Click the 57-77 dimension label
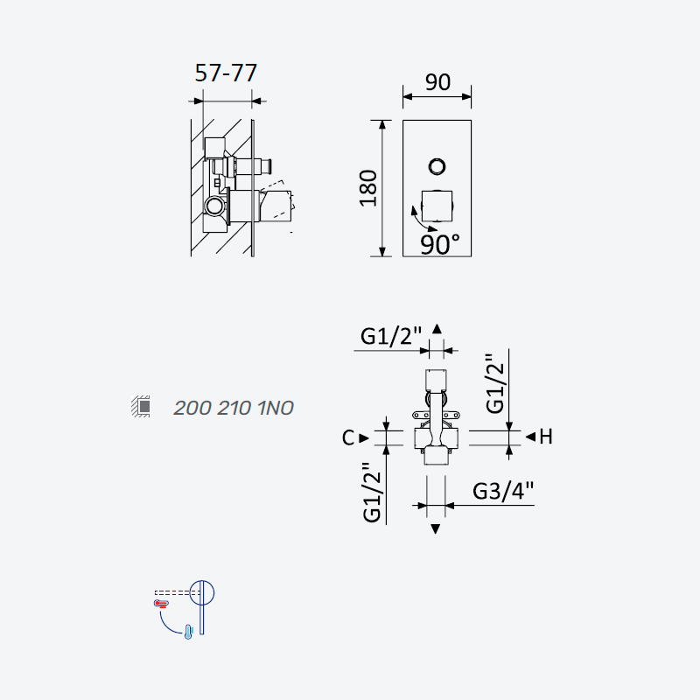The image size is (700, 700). (x=226, y=73)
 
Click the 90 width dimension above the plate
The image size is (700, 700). (x=437, y=82)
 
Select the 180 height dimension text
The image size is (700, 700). (x=368, y=188)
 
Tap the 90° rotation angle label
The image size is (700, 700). (x=440, y=244)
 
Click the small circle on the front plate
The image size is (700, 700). (x=437, y=166)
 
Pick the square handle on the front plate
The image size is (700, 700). (x=437, y=206)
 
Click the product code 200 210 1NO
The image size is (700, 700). (x=234, y=408)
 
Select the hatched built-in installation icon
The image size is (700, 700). (x=141, y=406)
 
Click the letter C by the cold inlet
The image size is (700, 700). (x=348, y=438)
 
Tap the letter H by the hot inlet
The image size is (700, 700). (x=546, y=437)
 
